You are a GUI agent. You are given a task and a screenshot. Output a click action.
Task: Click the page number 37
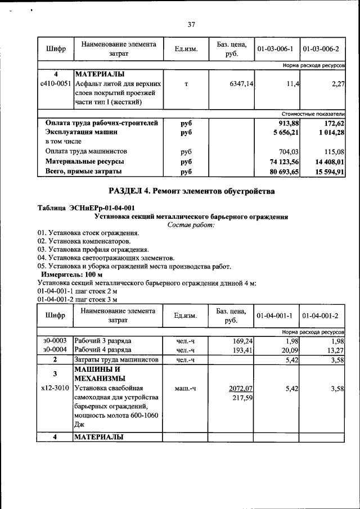[x=191, y=24]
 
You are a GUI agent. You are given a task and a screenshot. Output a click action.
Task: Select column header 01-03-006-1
[x=276, y=49]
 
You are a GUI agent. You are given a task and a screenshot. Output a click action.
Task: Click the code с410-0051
[x=56, y=84]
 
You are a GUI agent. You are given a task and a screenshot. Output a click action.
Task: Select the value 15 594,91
[x=325, y=172]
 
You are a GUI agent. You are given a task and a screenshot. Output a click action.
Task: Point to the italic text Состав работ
[x=191, y=224]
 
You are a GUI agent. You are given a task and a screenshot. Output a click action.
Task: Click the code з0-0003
[x=55, y=341]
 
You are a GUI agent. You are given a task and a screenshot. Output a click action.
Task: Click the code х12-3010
[x=55, y=388]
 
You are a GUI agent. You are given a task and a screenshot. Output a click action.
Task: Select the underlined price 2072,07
[x=241, y=388]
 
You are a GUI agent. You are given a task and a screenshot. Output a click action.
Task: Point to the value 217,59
[x=242, y=398]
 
